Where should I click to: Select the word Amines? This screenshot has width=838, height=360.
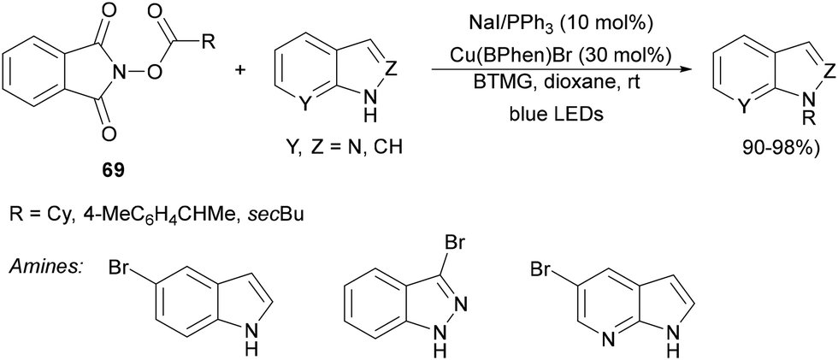[x=44, y=268]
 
